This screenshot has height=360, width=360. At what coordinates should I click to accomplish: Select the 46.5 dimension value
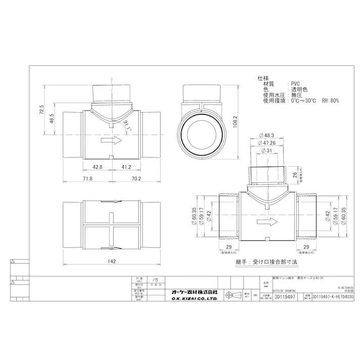[52, 119]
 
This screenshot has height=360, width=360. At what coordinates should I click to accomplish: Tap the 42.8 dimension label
[98, 167]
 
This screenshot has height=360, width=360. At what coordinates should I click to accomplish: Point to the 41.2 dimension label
[126, 167]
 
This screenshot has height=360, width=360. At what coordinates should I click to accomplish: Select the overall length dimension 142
[112, 261]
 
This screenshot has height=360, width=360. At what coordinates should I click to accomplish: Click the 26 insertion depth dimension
[295, 175]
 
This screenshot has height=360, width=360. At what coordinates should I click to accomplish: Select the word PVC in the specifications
[296, 84]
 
